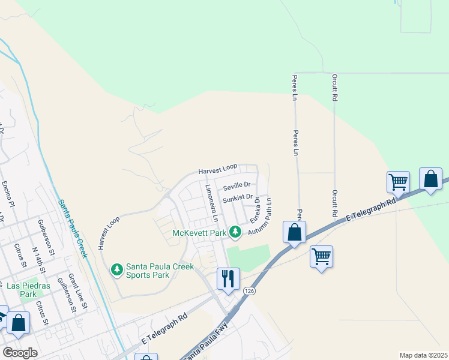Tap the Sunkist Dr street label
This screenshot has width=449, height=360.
point(235,199)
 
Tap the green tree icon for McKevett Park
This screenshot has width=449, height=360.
point(237,232)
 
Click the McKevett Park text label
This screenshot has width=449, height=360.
point(199,233)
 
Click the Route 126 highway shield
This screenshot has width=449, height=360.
point(249,291)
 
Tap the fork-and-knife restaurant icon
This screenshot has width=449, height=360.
point(228,278)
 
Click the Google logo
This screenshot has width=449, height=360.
point(20,352)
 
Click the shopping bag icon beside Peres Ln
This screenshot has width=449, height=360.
point(294,232)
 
